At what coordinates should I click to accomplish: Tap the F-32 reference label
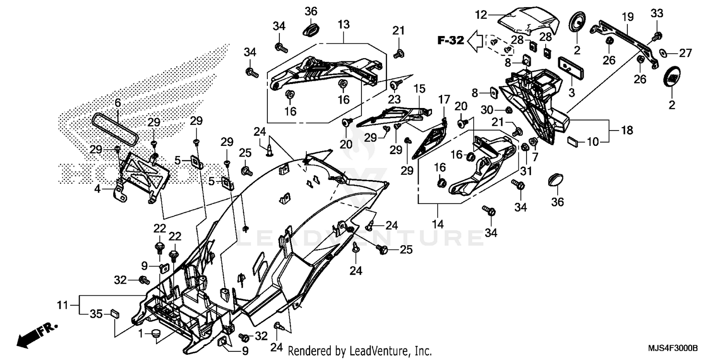point(450,40)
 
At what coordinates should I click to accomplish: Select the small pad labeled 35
point(114,313)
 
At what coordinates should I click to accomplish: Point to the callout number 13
point(344,24)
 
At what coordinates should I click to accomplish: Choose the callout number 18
point(626,130)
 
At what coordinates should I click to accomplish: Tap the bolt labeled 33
point(658,35)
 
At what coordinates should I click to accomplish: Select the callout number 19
point(627,17)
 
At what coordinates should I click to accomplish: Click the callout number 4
point(98,189)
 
